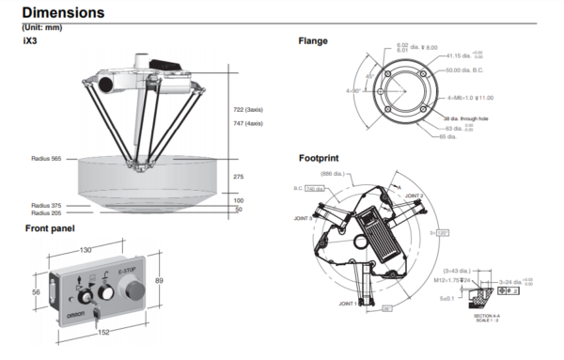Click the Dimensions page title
pyautogui.click(x=63, y=13)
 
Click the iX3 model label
pyautogui.click(x=29, y=41)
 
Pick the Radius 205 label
pyautogui.click(x=46, y=213)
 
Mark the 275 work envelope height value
pyautogui.click(x=239, y=177)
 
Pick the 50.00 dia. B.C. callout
pyautogui.click(x=467, y=70)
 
